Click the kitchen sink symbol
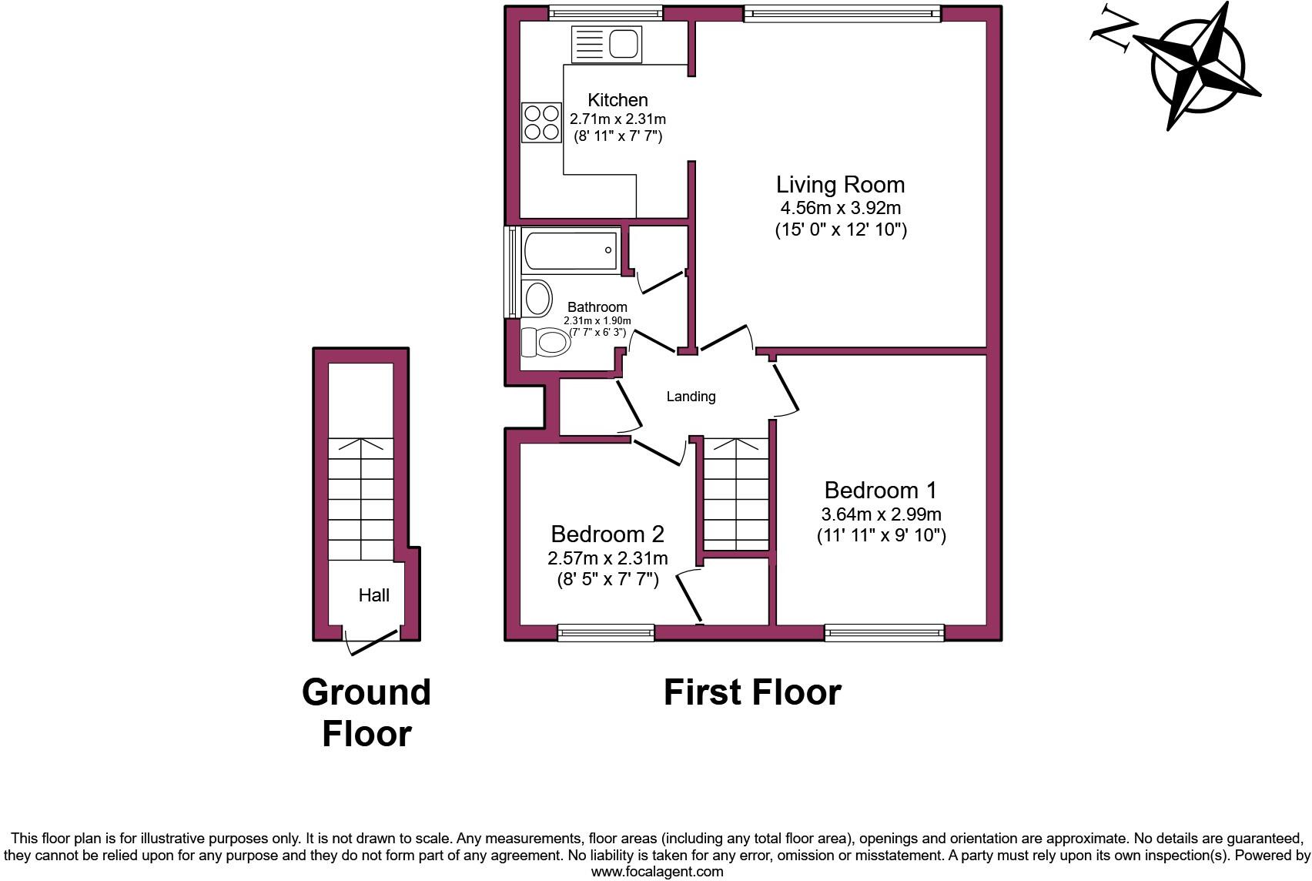(x=607, y=44)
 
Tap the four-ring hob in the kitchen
(x=541, y=122)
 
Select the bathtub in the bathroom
(x=571, y=250)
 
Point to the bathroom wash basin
(x=537, y=298)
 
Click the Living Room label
(x=840, y=185)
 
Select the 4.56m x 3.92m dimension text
(x=840, y=208)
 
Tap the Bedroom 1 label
(x=880, y=490)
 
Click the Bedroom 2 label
(x=607, y=534)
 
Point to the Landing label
(x=691, y=397)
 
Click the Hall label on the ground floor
(x=373, y=595)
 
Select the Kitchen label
(x=618, y=100)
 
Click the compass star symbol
(x=1198, y=65)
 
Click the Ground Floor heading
(x=366, y=712)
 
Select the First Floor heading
(x=752, y=692)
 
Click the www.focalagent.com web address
(x=657, y=872)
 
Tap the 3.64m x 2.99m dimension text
(x=881, y=514)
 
